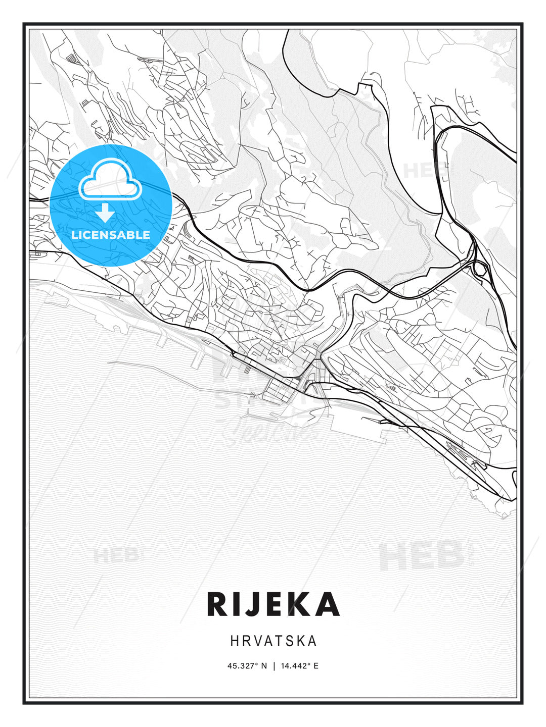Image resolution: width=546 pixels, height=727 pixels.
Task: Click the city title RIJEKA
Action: [x=273, y=604]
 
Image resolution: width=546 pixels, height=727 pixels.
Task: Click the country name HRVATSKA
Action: [x=273, y=641]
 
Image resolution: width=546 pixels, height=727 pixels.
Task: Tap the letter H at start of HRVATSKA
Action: [x=234, y=641]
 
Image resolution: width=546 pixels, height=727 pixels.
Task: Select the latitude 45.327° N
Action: [x=247, y=666]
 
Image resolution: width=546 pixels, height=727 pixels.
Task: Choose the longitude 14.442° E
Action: [x=299, y=666]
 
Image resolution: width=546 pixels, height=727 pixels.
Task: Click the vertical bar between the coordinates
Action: [x=274, y=666]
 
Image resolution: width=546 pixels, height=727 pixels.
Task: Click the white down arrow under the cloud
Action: [x=105, y=213]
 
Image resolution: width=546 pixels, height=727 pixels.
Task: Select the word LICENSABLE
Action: [x=111, y=235]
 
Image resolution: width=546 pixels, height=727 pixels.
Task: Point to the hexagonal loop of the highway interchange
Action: [x=480, y=270]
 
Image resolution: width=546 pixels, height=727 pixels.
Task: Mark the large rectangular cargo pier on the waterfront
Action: [x=354, y=419]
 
